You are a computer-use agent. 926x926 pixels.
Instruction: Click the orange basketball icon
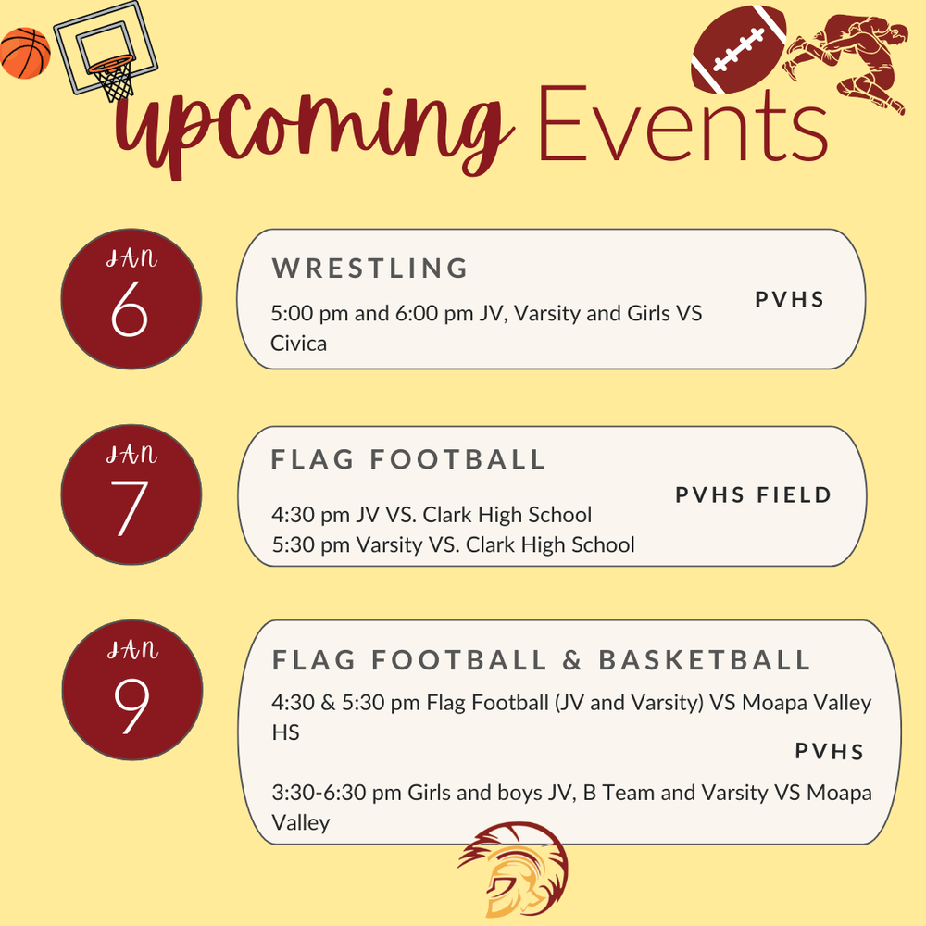pos(25,53)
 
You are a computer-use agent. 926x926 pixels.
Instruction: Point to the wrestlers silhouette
pos(847,60)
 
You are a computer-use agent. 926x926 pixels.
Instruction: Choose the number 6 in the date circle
pos(130,313)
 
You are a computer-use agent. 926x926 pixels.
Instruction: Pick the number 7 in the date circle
pos(130,507)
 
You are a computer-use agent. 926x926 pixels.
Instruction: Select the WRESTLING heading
pos(370,269)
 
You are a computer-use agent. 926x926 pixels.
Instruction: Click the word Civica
pos(299,344)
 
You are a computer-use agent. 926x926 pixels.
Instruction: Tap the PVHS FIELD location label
pos(753,495)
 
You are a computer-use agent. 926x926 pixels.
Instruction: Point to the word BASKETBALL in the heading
pos(705,660)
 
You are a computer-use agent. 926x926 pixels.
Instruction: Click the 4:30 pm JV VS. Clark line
pos(432,514)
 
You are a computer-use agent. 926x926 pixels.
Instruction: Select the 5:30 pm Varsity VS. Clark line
pos(454,544)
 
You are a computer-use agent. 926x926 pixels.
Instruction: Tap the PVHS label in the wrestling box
pos(789,300)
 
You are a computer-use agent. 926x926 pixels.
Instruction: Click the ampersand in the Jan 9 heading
pos(572,660)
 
